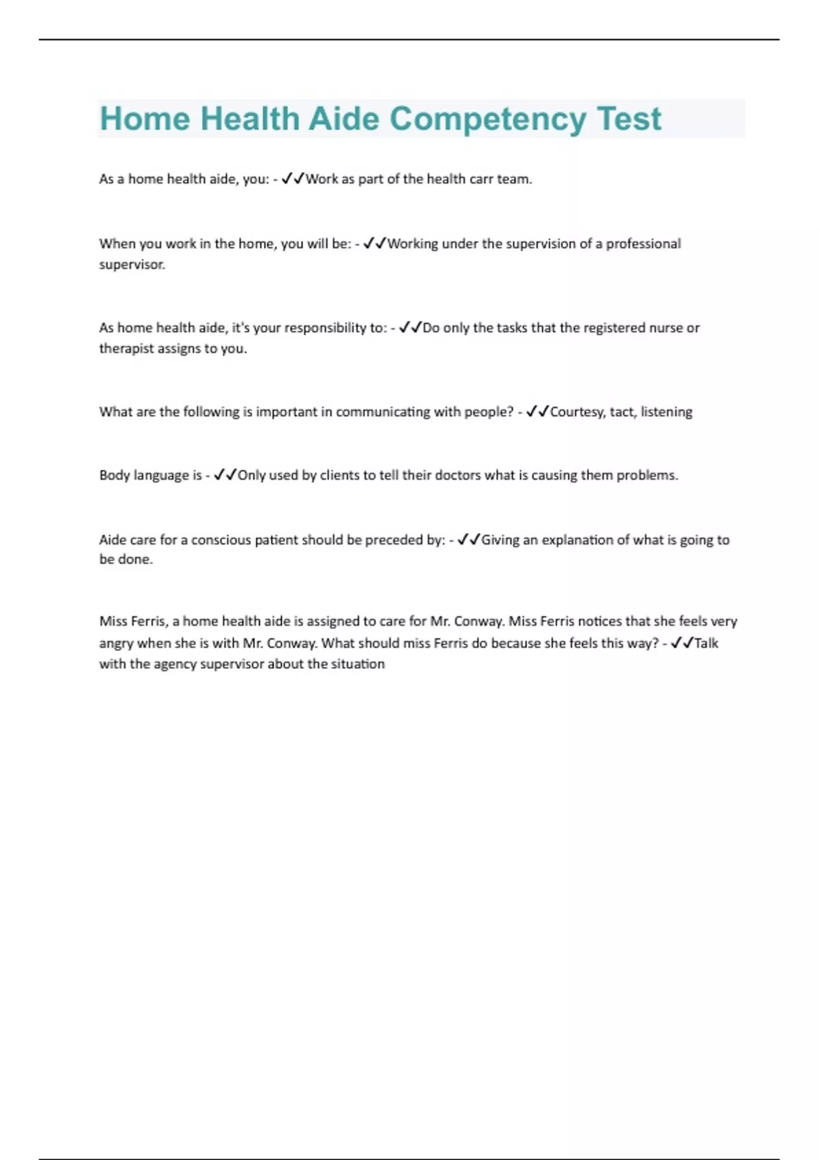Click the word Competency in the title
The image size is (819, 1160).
(487, 119)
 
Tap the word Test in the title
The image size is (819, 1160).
(629, 119)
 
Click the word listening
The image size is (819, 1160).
(666, 412)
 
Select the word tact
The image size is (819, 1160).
(622, 412)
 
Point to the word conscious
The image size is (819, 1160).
(220, 540)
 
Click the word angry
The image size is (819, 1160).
(116, 643)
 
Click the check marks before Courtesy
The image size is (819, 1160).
(538, 411)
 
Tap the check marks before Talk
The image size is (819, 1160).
(682, 643)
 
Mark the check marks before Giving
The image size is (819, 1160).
(469, 540)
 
